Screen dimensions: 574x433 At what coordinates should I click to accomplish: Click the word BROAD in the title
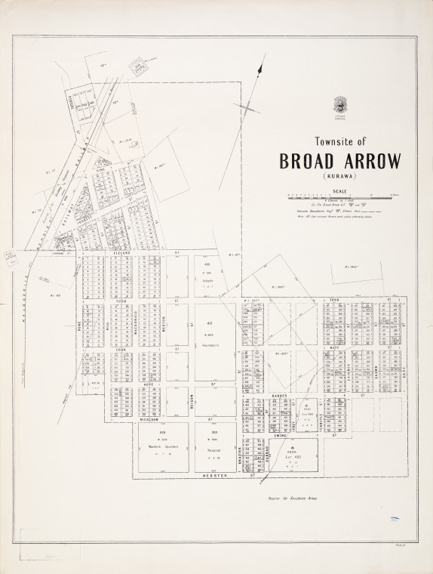pos(307,162)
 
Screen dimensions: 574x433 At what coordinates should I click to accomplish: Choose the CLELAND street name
pos(123,252)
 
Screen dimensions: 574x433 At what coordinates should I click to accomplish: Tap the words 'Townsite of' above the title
pos(339,140)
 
